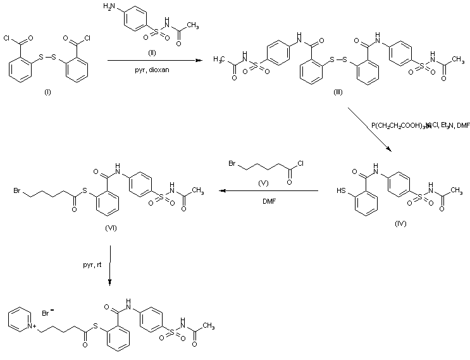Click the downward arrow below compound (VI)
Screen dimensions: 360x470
[x=111, y=266]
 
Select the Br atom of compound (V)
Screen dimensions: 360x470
[x=233, y=166]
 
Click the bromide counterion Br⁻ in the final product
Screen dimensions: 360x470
[x=47, y=313]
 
